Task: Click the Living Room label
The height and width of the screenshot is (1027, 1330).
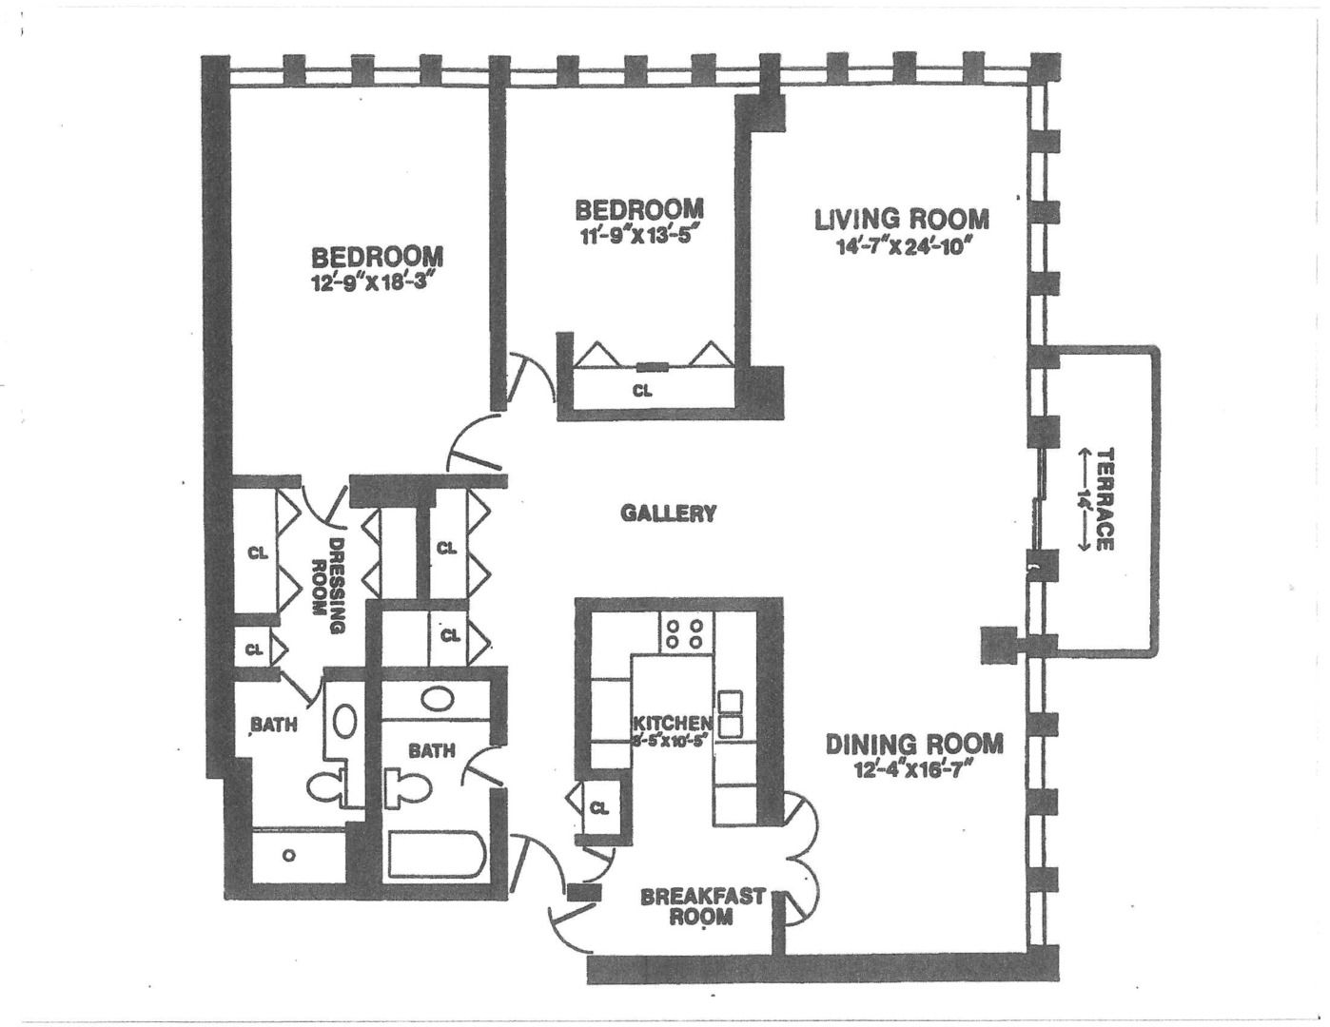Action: (x=901, y=219)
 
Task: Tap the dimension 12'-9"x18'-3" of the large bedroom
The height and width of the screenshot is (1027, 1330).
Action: (x=378, y=282)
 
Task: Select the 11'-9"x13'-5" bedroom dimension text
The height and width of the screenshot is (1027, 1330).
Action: (x=639, y=235)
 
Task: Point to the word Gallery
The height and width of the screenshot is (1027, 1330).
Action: (x=668, y=513)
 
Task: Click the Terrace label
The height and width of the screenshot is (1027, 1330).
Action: (x=1104, y=499)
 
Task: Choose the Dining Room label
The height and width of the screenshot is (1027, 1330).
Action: (x=913, y=744)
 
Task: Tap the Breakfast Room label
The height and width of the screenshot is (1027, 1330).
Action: (x=702, y=906)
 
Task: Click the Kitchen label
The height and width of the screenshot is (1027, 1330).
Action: (x=672, y=724)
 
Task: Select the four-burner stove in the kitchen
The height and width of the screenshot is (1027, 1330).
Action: (x=684, y=634)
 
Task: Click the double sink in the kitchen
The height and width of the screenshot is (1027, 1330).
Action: (x=730, y=714)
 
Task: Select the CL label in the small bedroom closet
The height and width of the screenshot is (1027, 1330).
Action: (x=642, y=390)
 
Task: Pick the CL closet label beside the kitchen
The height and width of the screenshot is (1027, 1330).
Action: (x=598, y=808)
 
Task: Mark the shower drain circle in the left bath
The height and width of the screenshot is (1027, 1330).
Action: (x=289, y=855)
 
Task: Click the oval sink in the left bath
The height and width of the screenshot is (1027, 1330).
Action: (x=345, y=723)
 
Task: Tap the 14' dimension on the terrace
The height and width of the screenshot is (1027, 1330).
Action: (x=1082, y=499)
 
